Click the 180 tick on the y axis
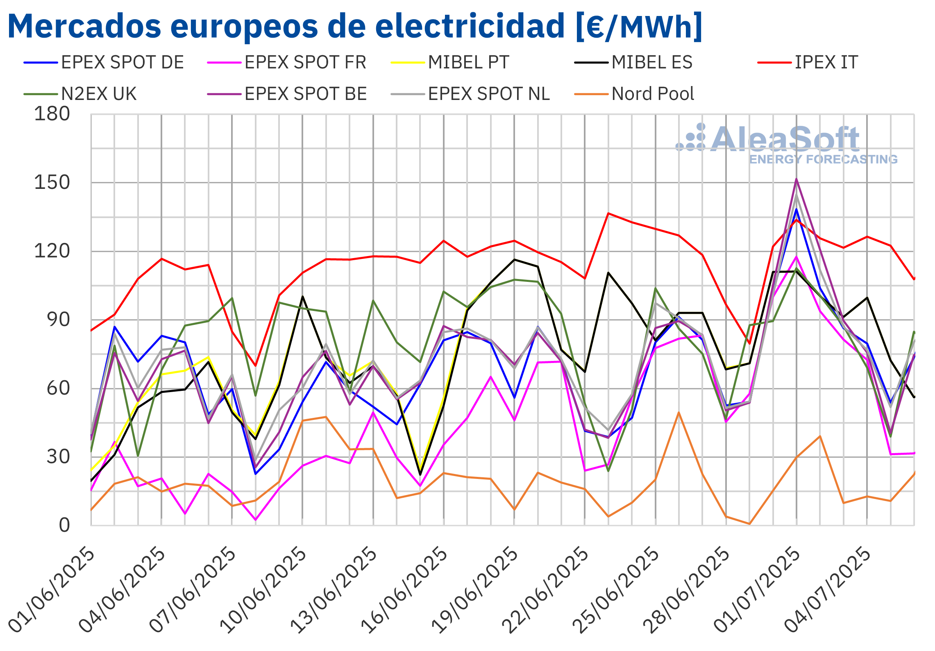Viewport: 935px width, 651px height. pos(52,114)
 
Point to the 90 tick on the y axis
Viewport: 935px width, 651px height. pos(58,320)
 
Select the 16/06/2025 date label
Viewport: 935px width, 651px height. pos(404,590)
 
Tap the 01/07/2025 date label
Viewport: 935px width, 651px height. pos(757,590)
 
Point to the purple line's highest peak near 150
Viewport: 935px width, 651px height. pos(796,179)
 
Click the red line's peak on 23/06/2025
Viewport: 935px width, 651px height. pos(608,213)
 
